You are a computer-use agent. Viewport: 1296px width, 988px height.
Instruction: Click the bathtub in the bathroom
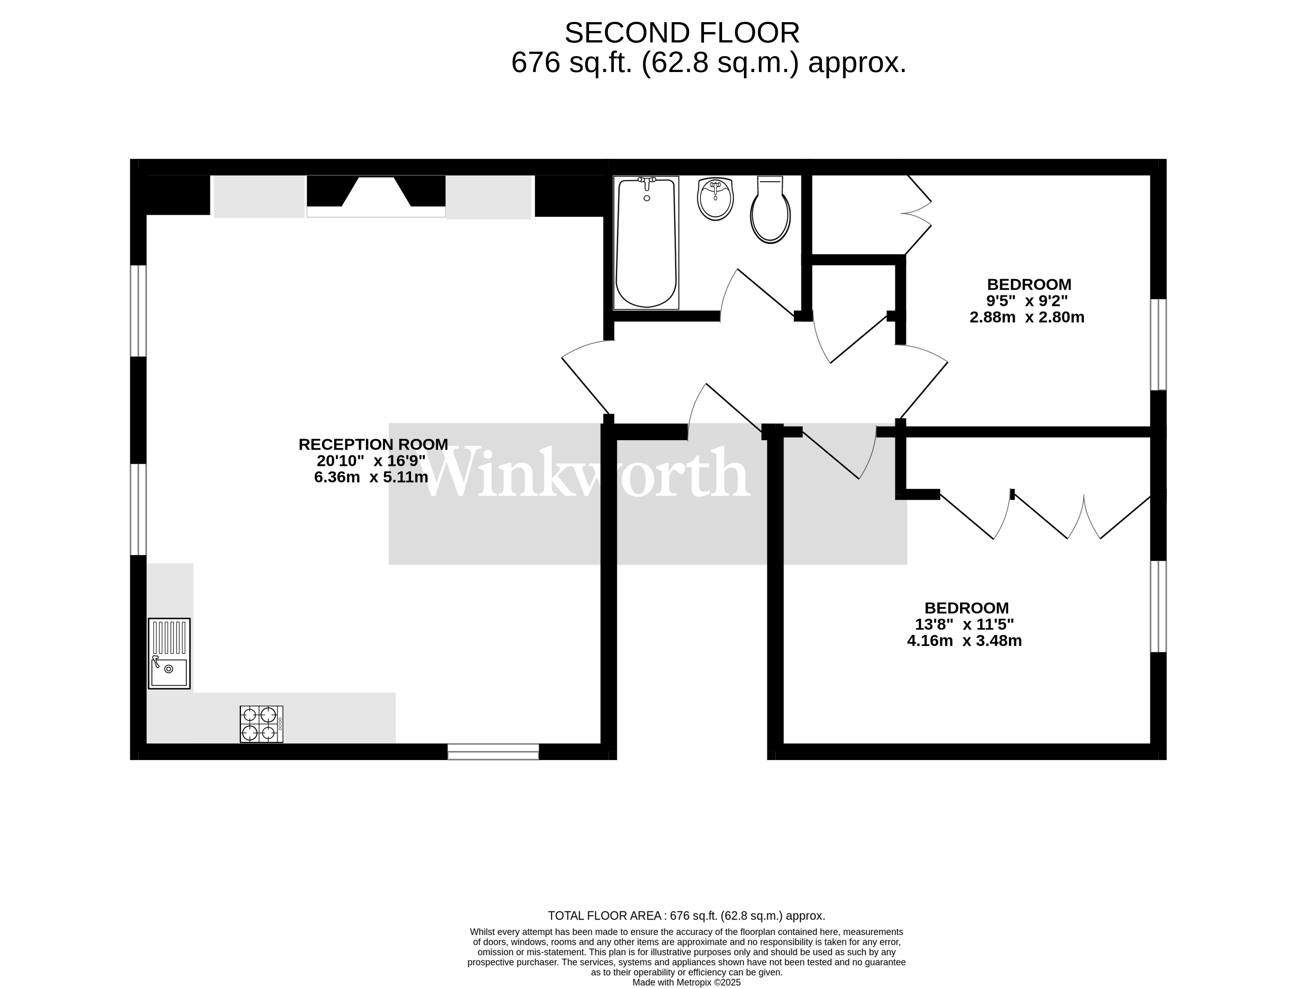coord(646,242)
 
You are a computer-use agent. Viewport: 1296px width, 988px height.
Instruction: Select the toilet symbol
coord(770,209)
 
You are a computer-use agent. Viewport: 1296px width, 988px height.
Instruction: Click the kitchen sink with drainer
coord(169,653)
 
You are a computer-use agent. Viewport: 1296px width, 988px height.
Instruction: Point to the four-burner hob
coord(262,724)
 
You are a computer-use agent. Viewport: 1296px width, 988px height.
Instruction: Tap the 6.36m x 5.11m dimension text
coord(371,477)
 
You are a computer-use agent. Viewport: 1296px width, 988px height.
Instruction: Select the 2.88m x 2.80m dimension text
coord(1027,318)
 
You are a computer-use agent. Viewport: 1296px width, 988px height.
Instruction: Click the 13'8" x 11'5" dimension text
coord(965,625)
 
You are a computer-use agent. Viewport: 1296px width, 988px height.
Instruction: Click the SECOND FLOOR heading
coord(682,33)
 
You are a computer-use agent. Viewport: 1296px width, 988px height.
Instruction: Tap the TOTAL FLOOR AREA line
coord(687,916)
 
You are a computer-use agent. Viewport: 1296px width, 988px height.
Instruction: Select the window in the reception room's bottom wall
coord(493,752)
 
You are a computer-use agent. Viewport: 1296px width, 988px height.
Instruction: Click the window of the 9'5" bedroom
coord(1158,345)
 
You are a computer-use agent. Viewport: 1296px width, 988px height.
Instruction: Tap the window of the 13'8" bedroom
coord(1158,606)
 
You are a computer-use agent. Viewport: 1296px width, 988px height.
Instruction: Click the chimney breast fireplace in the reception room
coord(376,196)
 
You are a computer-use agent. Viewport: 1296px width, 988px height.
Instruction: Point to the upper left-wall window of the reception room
coord(138,311)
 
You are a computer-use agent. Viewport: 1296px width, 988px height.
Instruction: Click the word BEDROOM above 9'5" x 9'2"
coord(1029,285)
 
